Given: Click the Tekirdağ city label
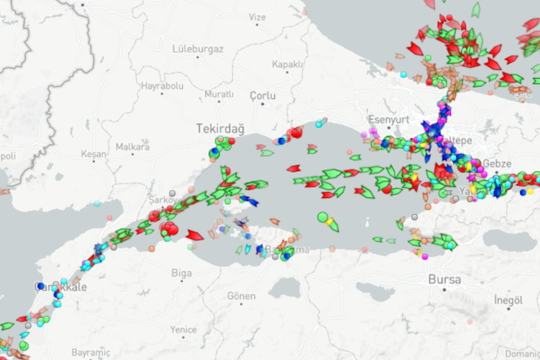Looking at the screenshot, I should click(x=220, y=129).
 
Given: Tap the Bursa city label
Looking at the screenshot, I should click(x=444, y=279).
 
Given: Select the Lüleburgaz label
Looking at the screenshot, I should click(x=198, y=49).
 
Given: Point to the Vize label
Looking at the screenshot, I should click(x=256, y=17).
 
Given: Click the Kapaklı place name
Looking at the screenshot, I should click(x=287, y=64).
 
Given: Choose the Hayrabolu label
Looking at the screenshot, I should click(x=162, y=86).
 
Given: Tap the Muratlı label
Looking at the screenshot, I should click(x=219, y=94).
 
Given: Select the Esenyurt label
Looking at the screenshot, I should click(x=387, y=119).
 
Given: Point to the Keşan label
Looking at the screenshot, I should click(x=93, y=154).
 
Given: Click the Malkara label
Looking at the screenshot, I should click(x=133, y=147).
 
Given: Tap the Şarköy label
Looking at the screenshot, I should click(x=163, y=200).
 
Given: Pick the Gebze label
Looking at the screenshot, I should click(x=497, y=163).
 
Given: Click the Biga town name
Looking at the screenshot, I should click(x=182, y=273).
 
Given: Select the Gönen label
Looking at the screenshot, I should click(x=241, y=296).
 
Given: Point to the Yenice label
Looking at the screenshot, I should click(x=184, y=330).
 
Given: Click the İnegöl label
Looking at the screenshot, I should click(x=508, y=300).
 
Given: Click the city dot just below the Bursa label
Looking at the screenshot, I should click(x=444, y=290).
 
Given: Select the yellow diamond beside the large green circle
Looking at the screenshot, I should click(x=329, y=221).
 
